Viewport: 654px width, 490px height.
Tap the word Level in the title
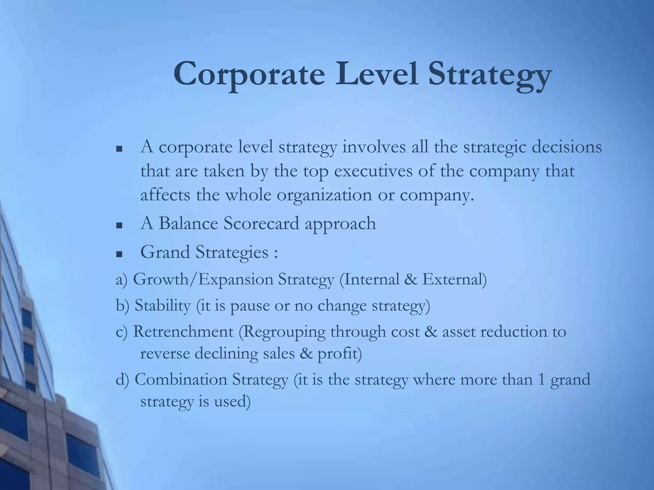[x=376, y=74]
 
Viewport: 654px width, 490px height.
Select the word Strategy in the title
[x=490, y=77]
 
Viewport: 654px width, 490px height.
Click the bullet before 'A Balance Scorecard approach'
[x=119, y=226]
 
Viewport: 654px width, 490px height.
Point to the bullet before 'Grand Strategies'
[x=119, y=254]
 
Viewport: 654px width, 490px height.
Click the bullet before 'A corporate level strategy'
[x=119, y=149]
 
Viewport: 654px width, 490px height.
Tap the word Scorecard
[x=262, y=223]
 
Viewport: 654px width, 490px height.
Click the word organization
[x=324, y=195]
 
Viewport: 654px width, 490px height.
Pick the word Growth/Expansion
[x=203, y=279]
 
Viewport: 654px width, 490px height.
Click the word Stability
[x=162, y=306]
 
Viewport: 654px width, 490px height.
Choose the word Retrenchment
[x=183, y=331]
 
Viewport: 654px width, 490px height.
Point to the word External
[x=454, y=279]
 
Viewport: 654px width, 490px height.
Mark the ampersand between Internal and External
[x=410, y=279]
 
